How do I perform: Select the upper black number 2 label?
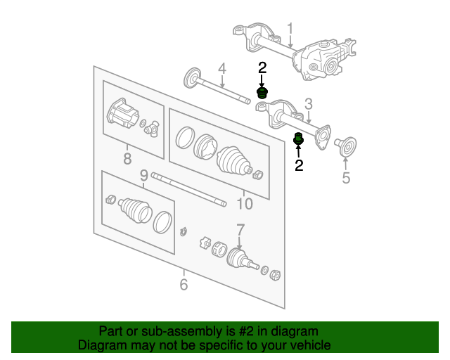pos(262,67)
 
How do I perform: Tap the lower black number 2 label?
pos(299,165)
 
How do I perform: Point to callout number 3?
pos(308,104)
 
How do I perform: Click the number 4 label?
pos(222,69)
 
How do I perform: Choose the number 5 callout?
pos(346,178)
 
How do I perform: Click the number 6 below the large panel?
pos(184,284)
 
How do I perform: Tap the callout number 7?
pos(240,230)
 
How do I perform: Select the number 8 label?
pos(127,158)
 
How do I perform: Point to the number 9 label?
pos(144,175)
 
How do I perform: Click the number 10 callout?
pos(245,204)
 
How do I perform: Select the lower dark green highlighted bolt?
pos(298,139)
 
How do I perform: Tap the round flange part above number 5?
pos(346,146)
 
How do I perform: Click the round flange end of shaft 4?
pos(191,78)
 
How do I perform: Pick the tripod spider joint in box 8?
pos(152,129)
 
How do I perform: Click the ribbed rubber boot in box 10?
pos(233,161)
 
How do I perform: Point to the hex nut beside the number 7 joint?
pos(275,276)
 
